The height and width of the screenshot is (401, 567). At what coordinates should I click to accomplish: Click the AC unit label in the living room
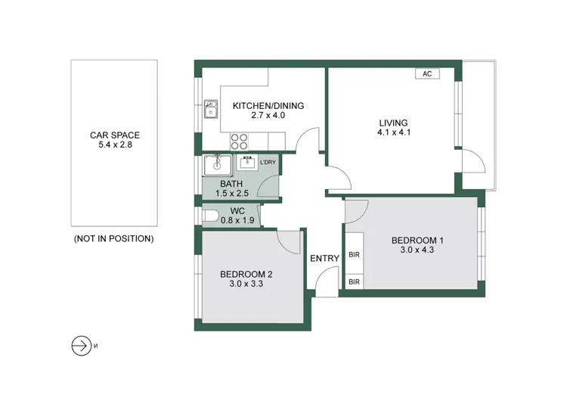coord(427,74)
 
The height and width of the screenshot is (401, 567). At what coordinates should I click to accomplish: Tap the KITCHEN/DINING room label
coord(268,106)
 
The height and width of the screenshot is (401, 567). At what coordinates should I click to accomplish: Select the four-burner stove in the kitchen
coord(240,141)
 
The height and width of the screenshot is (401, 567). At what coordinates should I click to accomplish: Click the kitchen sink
coord(211,113)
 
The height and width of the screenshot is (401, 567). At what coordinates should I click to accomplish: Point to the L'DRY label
coord(268,163)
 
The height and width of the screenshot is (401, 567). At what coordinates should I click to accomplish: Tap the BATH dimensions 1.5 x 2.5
coord(232,194)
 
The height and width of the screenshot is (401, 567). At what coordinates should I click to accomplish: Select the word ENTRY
coord(324,259)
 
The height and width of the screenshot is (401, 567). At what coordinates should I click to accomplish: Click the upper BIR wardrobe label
coord(354,255)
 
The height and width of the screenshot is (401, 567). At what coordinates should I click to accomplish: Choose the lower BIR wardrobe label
coord(354,282)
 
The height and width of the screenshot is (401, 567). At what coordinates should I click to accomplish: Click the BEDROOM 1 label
coord(417,241)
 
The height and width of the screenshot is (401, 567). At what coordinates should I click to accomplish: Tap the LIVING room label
coord(392,123)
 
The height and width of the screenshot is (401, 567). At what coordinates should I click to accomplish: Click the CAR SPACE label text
coord(114,135)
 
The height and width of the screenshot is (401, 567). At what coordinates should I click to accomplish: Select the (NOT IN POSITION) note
coord(113,238)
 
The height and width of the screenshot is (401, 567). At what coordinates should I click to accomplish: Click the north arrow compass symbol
coord(79,346)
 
